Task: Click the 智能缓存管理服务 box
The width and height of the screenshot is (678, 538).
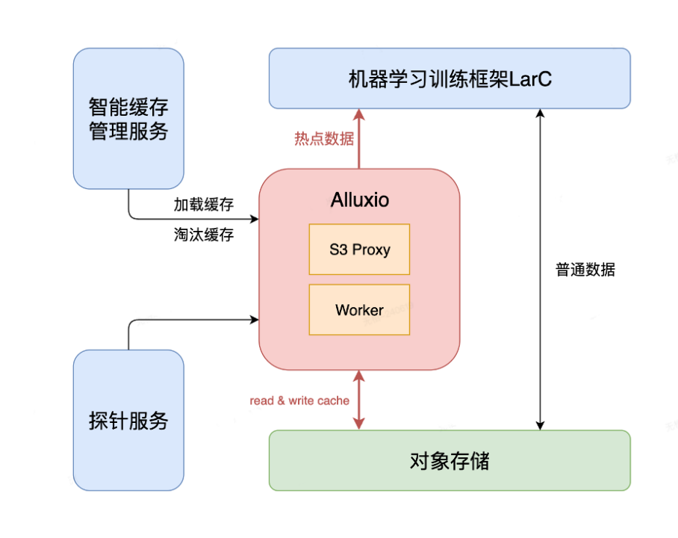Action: point(128,118)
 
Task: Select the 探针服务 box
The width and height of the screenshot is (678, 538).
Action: point(128,420)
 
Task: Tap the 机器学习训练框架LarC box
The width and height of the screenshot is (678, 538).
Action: point(449,78)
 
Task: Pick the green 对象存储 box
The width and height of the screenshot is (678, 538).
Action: point(449,460)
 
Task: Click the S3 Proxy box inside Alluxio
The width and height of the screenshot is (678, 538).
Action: point(359,249)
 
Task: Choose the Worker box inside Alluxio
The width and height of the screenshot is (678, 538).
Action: point(359,309)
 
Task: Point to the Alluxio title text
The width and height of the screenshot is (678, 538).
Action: point(359,201)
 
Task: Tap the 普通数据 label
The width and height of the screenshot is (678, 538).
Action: point(585,270)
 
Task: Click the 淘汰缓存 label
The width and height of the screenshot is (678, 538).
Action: point(204,235)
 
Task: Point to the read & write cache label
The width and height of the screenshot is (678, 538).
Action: point(299,401)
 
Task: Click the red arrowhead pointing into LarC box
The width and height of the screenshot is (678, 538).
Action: point(359,114)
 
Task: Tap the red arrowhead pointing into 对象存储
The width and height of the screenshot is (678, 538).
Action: point(359,424)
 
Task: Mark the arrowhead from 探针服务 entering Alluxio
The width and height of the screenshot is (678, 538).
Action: point(254,320)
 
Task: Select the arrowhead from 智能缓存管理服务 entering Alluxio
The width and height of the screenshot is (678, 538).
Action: point(254,219)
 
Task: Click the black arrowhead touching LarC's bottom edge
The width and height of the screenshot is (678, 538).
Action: point(539,114)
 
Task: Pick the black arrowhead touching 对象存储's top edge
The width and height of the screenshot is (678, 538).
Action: point(539,424)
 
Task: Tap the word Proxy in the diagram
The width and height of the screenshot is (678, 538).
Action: point(371,250)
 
